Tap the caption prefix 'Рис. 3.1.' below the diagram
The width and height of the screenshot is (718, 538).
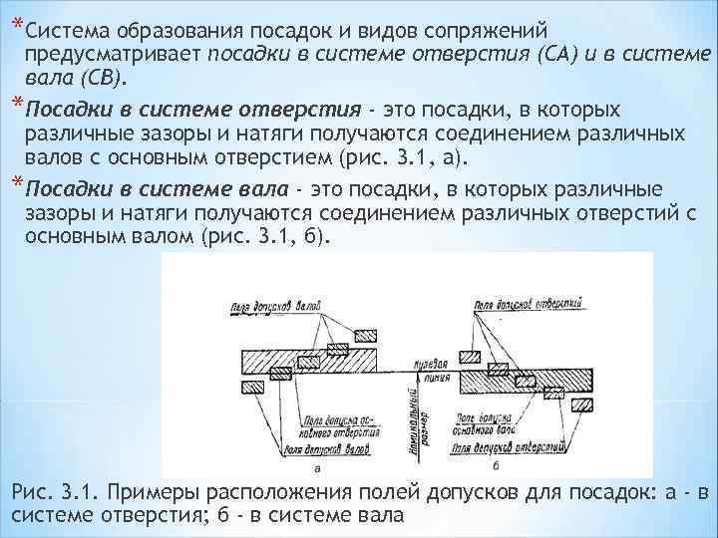tap(48, 493)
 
